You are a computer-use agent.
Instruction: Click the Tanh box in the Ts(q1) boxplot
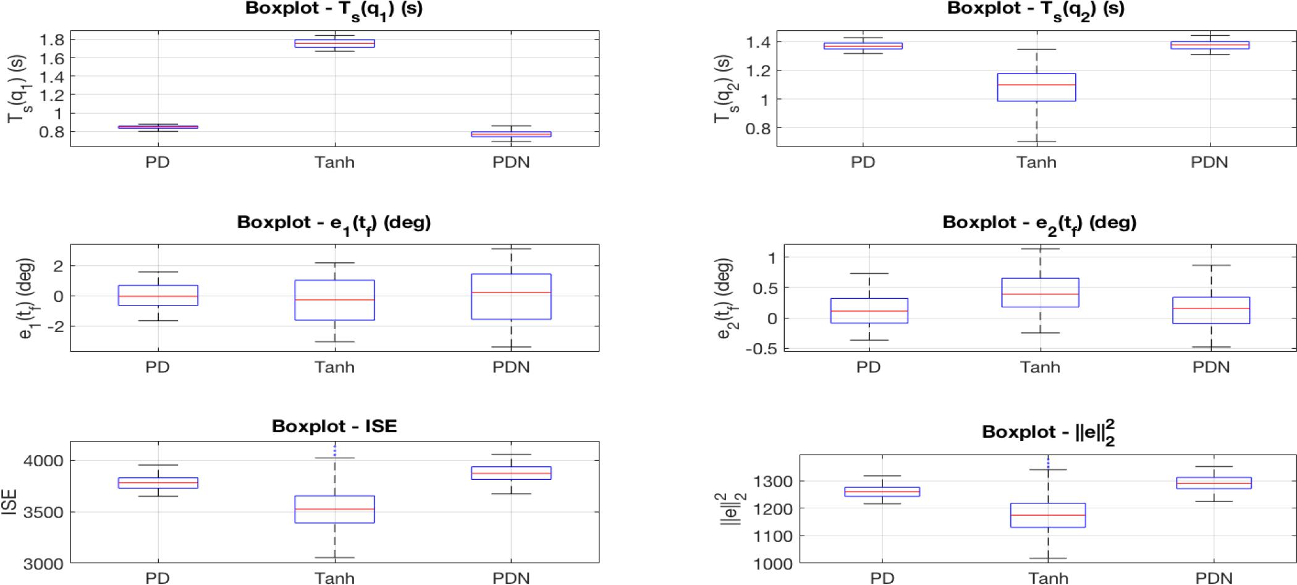pyautogui.click(x=334, y=43)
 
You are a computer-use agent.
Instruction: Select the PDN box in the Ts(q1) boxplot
pyautogui.click(x=511, y=134)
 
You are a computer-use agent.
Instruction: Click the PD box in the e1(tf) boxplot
pyautogui.click(x=158, y=296)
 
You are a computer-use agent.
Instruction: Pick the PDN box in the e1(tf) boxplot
pyautogui.click(x=511, y=297)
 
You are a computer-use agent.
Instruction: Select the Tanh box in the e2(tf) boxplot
pyautogui.click(x=1040, y=292)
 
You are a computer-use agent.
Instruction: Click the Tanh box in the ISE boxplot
pyautogui.click(x=334, y=509)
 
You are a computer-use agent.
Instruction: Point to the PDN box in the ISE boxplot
pyautogui.click(x=511, y=473)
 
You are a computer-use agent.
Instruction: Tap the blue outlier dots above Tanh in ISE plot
pyautogui.click(x=334, y=450)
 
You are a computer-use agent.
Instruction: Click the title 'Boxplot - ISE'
pyautogui.click(x=334, y=427)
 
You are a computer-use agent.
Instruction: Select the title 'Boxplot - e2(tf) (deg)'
pyautogui.click(x=1039, y=223)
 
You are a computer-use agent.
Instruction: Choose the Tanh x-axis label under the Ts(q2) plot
pyautogui.click(x=1036, y=163)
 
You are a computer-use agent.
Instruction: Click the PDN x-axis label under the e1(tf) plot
pyautogui.click(x=511, y=367)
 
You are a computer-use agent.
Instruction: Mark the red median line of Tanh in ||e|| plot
pyautogui.click(x=1048, y=515)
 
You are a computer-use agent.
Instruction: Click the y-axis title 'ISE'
pyautogui.click(x=10, y=502)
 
